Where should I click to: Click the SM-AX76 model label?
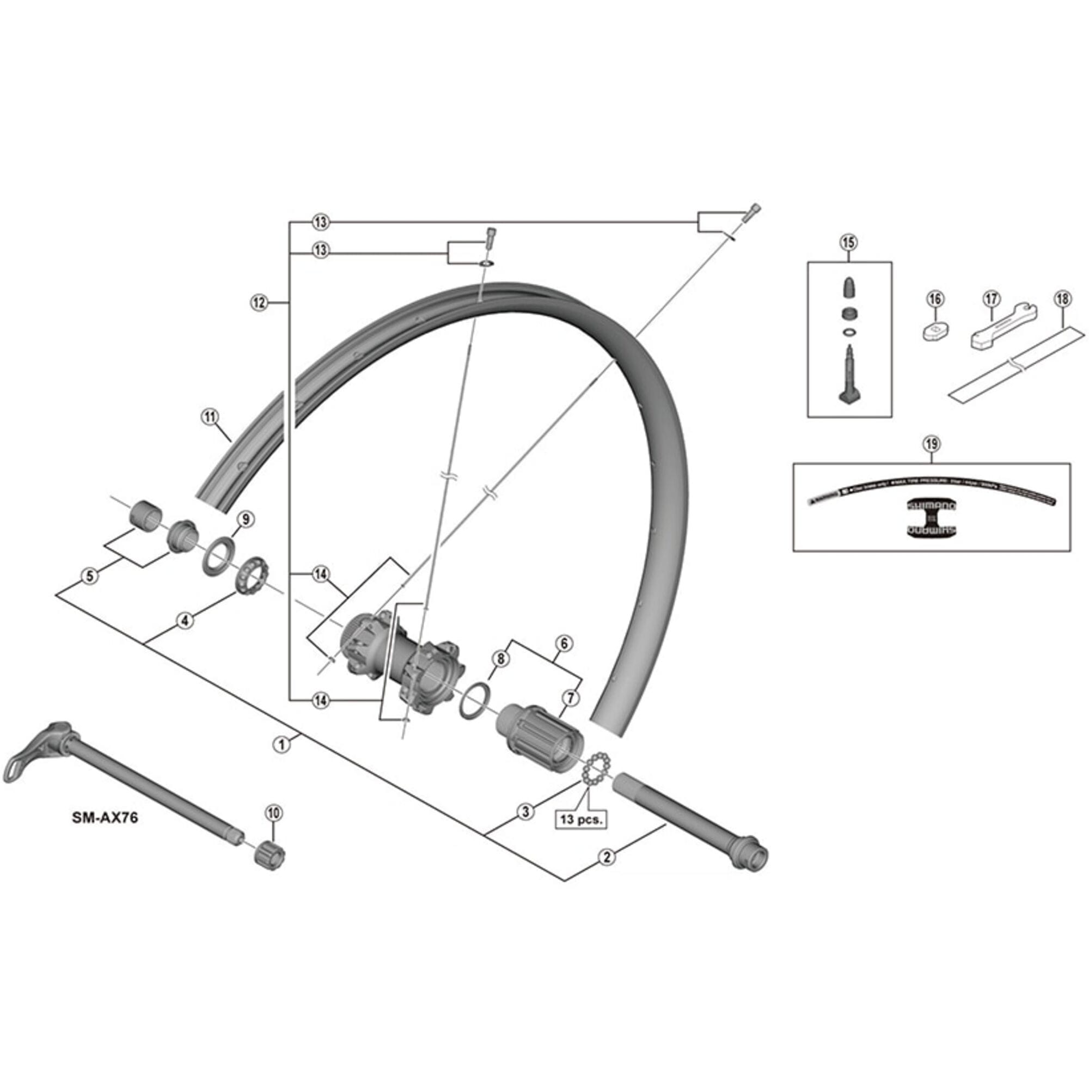pos(105,818)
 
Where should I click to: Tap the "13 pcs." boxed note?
pos(581,819)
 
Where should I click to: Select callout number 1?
pos(282,744)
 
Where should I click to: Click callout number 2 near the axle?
pos(607,858)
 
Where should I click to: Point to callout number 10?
pos(273,813)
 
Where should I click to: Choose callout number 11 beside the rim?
pos(209,418)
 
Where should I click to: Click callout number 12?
pos(258,302)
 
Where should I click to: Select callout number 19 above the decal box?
pos(931,444)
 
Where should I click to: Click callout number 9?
pos(246,519)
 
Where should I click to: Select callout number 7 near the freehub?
pos(571,699)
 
